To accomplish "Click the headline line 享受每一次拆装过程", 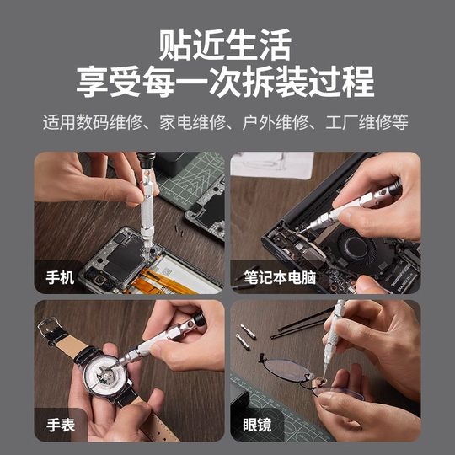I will click(x=227, y=83).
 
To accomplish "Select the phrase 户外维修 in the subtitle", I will click(x=268, y=123).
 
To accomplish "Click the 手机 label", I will click(x=65, y=276).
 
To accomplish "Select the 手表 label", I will click(x=65, y=425).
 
